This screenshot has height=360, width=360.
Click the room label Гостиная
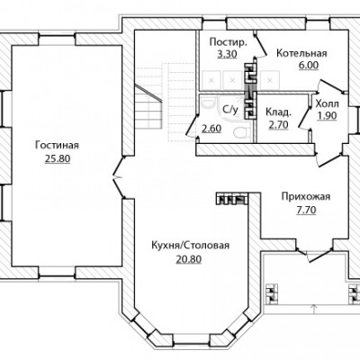57,146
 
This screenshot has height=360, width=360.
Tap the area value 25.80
58,158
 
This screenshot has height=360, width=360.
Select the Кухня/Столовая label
190,246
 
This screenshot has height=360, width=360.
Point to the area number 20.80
189,259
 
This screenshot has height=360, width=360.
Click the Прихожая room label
306,197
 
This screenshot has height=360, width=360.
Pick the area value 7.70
306,211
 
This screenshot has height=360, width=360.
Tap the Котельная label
301,53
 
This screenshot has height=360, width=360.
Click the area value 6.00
309,65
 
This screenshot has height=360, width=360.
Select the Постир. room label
228,42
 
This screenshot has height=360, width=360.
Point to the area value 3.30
227,54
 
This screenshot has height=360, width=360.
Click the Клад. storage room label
278,112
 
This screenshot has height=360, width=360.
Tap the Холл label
328,103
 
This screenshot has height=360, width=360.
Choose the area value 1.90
328,116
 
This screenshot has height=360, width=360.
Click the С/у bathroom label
230,110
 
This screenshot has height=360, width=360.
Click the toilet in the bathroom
241,132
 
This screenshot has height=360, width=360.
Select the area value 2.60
211,129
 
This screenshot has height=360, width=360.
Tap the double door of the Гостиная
119,178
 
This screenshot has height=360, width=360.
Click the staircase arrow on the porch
314,309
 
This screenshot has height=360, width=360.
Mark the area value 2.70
278,124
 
